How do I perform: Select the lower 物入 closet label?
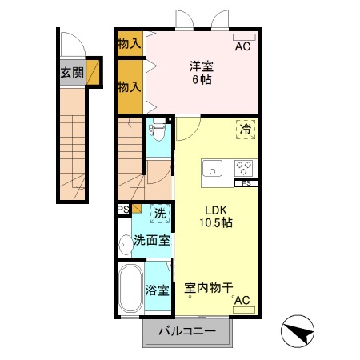point(129,86)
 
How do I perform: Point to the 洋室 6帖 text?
point(201,73)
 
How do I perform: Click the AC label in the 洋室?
point(242,47)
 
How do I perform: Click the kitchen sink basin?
point(212,168)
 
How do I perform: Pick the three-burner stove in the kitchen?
point(243,168)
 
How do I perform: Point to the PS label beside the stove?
point(246,183)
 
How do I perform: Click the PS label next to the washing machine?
point(123,210)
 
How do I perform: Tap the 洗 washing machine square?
point(159,214)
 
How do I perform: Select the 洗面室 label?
point(151,240)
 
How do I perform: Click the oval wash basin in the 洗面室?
point(125,243)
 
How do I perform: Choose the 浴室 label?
point(157,290)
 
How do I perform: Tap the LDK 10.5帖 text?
point(215,217)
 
